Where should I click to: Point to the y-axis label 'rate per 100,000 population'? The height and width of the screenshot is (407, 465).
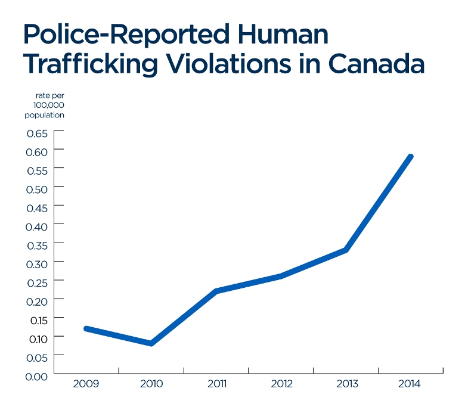click(45, 105)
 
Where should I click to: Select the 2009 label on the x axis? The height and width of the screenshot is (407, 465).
click(86, 384)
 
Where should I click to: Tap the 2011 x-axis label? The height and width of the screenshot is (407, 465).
click(217, 384)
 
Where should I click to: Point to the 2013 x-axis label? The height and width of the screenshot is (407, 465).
click(346, 384)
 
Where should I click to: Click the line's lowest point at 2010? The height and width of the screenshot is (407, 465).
click(152, 343)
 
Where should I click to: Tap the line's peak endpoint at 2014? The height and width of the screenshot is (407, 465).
click(410, 157)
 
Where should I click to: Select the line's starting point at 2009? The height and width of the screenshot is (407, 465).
click(87, 328)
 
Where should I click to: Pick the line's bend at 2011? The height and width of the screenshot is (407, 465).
click(216, 291)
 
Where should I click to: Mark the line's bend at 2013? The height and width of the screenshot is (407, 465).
click(346, 250)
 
